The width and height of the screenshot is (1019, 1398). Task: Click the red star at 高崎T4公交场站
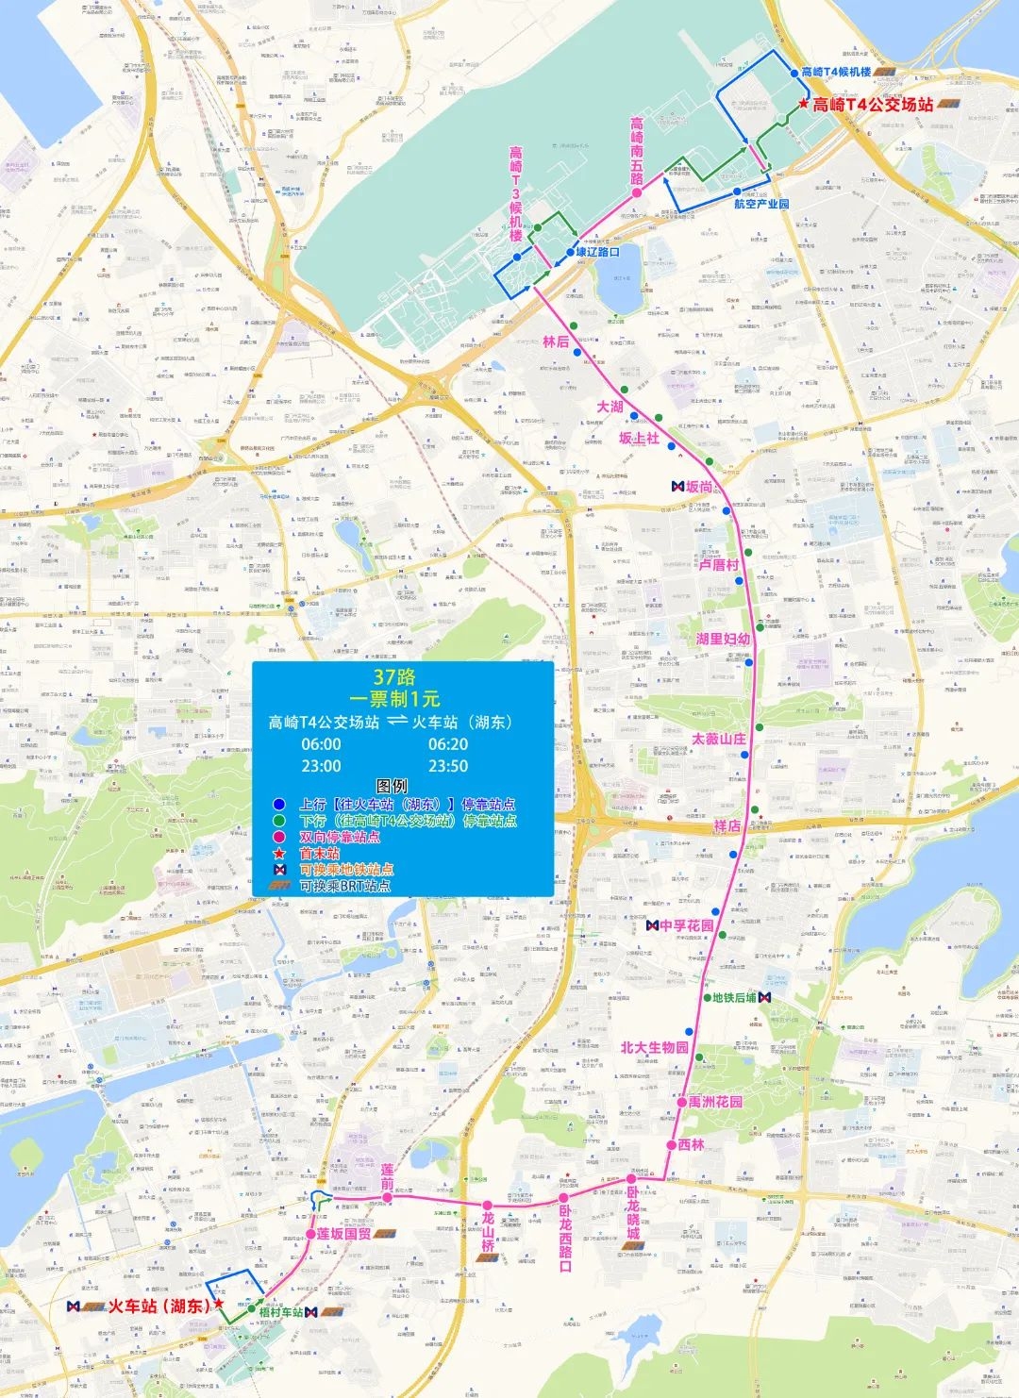pyautogui.click(x=803, y=104)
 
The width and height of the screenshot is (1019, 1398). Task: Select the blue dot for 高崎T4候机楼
pyautogui.click(x=793, y=73)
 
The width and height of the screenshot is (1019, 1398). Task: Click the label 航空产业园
pyautogui.click(x=761, y=204)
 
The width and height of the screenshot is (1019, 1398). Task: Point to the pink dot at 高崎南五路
pyautogui.click(x=637, y=192)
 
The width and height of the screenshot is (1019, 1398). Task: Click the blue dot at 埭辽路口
pyautogui.click(x=570, y=252)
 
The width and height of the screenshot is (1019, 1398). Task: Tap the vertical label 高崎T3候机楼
pyautogui.click(x=516, y=193)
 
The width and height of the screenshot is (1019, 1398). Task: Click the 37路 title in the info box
pyautogui.click(x=394, y=676)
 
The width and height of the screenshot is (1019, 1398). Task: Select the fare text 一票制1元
pyautogui.click(x=394, y=699)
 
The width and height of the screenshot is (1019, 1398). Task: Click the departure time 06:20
pyautogui.click(x=448, y=744)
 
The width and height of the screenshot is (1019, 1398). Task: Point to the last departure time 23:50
pyautogui.click(x=448, y=766)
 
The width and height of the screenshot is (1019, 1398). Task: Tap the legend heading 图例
pyautogui.click(x=392, y=786)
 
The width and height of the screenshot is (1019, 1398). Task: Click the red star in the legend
pyautogui.click(x=279, y=854)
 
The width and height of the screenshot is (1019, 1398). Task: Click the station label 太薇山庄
pyautogui.click(x=719, y=739)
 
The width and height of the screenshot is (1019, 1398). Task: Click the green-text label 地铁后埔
pyautogui.click(x=734, y=997)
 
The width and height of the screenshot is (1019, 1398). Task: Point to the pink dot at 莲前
pyautogui.click(x=387, y=1198)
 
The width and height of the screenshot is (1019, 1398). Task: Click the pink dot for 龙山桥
pyautogui.click(x=487, y=1206)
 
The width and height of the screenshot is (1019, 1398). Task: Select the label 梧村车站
pyautogui.click(x=280, y=1312)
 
